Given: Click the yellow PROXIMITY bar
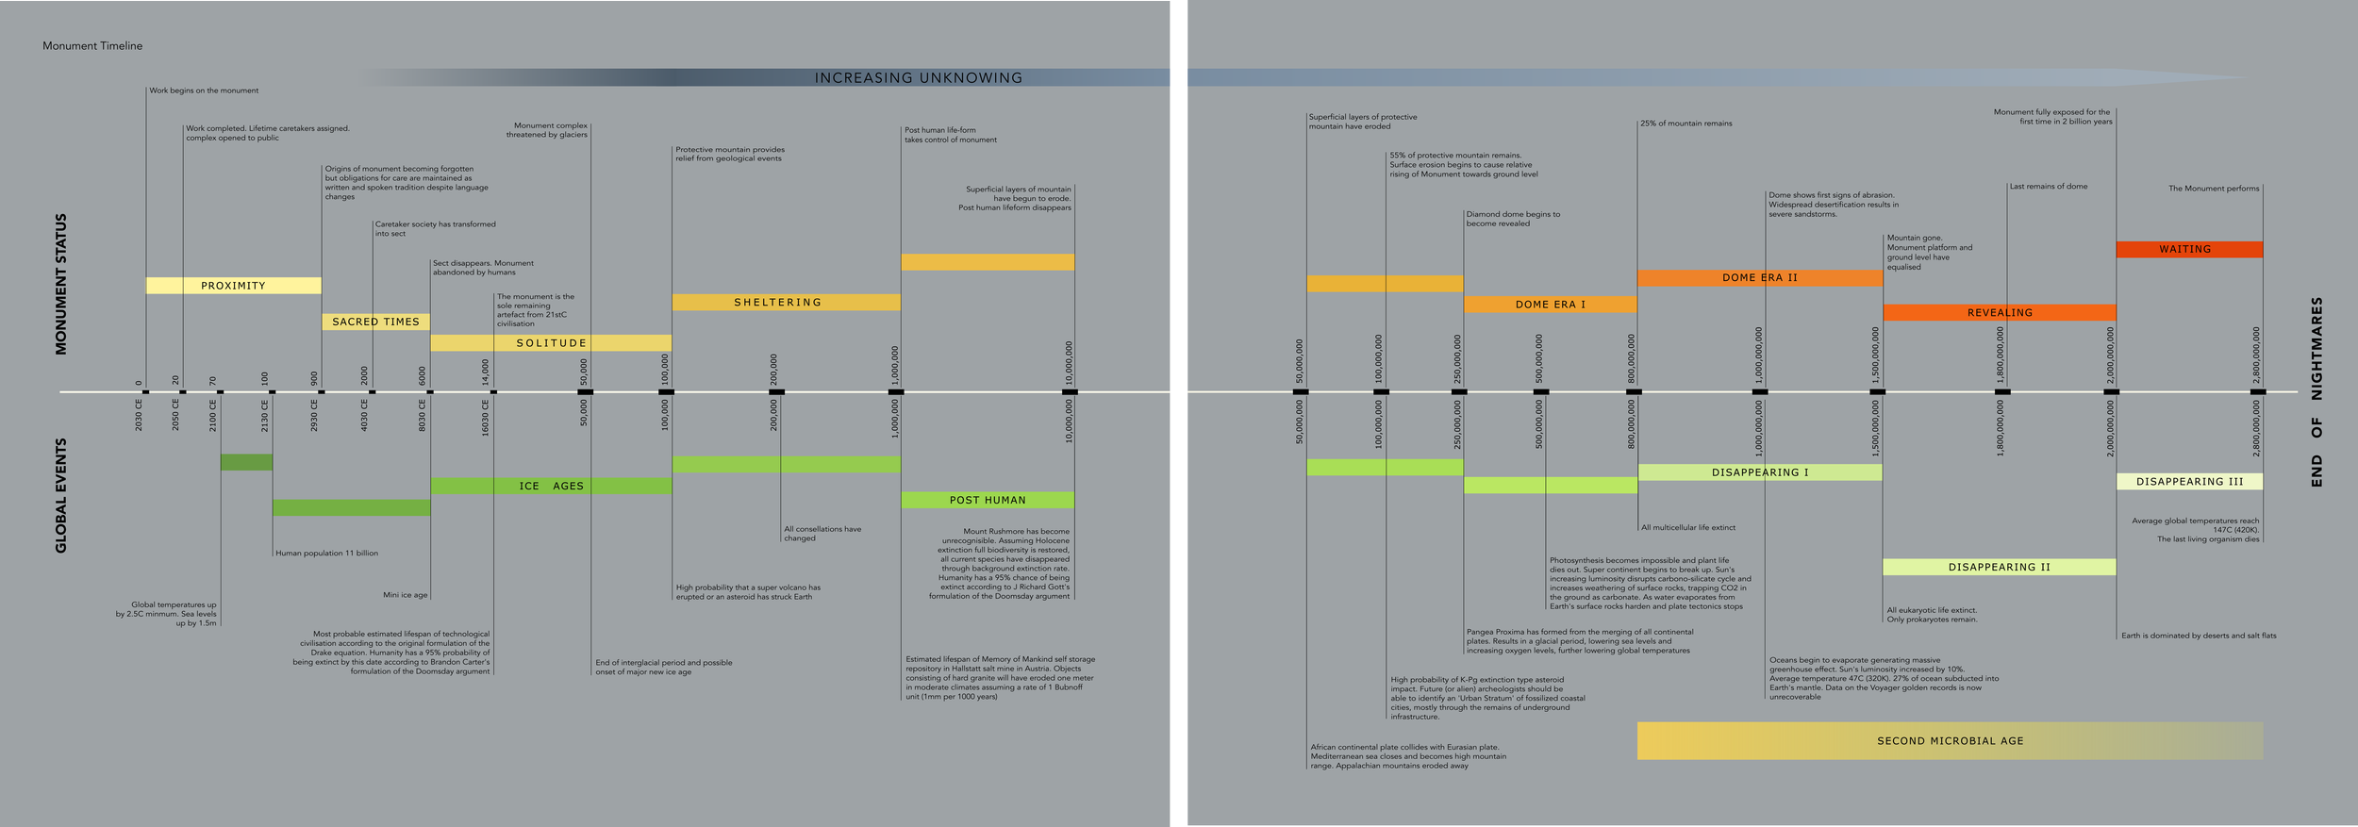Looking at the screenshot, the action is [x=233, y=286].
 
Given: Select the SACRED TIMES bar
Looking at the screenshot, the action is [x=375, y=322].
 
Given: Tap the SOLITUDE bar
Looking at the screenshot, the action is [x=551, y=343].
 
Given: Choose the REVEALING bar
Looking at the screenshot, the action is [x=1999, y=312].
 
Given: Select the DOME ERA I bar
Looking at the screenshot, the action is [x=1550, y=305].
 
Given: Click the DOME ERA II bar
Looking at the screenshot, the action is [x=1759, y=278].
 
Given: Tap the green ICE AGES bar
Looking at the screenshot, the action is [x=551, y=486].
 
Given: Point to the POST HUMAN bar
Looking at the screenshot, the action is [x=987, y=500].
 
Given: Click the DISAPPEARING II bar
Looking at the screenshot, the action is [x=1999, y=567].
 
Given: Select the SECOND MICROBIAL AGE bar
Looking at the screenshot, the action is [x=1950, y=740].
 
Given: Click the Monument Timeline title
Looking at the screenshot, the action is [x=92, y=45].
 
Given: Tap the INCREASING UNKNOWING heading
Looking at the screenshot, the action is [x=918, y=77].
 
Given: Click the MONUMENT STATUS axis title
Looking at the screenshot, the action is [x=61, y=284].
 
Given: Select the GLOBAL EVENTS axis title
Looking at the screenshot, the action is [x=61, y=495].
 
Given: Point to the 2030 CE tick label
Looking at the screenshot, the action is [x=139, y=416].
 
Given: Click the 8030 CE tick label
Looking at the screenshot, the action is [x=423, y=416].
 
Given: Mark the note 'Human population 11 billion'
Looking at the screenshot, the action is [x=326, y=554].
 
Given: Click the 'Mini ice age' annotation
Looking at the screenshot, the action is [x=405, y=595].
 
